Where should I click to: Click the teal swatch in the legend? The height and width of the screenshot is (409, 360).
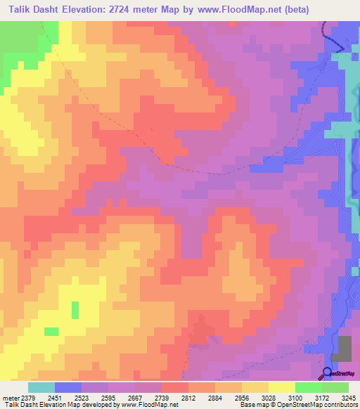click(x=41, y=387)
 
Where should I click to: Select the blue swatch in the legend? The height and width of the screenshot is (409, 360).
click(x=68, y=387)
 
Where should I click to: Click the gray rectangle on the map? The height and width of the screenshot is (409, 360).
click(x=345, y=349)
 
